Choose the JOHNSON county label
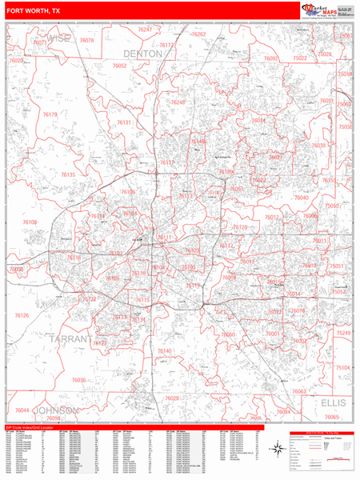57,410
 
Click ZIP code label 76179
50,115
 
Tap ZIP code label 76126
22,316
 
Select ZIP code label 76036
78,380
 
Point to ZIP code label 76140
165,351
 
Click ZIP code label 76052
119,66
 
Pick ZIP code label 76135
68,174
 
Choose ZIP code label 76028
172,398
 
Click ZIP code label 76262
198,34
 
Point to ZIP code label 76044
22,410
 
